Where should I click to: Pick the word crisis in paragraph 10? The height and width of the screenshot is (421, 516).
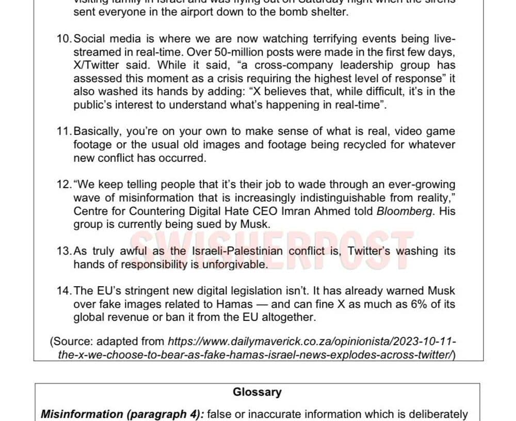click(252, 79)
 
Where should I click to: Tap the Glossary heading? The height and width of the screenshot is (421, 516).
click(257, 392)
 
